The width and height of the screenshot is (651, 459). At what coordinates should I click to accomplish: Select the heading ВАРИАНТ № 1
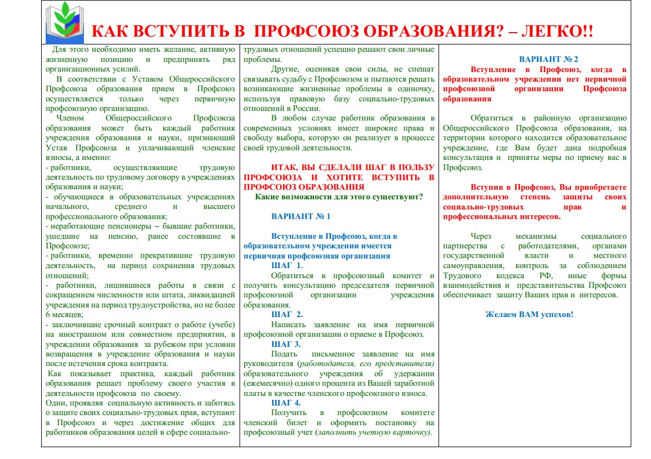click(300, 216)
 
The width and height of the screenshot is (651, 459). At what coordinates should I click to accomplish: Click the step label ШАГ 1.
click(287, 265)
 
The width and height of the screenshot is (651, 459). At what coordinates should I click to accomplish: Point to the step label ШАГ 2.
click(287, 314)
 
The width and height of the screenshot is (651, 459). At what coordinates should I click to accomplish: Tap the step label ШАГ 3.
click(287, 344)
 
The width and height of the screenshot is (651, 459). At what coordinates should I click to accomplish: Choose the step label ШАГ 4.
click(287, 403)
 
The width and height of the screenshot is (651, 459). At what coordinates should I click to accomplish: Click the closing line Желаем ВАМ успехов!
click(529, 314)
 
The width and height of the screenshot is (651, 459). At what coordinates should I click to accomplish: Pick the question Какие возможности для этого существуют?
click(339, 197)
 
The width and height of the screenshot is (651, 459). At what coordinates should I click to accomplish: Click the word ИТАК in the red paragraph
click(285, 167)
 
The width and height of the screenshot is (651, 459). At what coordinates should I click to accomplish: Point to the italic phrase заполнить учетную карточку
click(373, 433)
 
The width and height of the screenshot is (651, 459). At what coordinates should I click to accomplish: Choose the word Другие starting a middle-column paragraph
click(284, 69)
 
